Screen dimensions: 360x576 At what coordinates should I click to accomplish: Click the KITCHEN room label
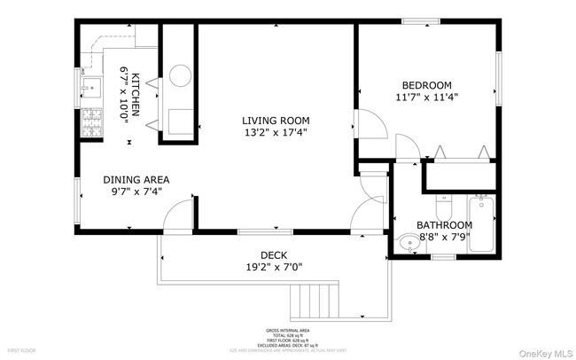tap(136, 95)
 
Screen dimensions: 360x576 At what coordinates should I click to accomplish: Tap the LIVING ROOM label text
tap(277, 120)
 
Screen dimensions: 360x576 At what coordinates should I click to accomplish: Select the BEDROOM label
tap(427, 85)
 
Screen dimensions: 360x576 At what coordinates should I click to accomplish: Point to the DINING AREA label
tap(136, 179)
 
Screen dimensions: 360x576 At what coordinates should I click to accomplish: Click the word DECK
tap(273, 254)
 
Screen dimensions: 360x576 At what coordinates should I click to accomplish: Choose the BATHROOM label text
tap(444, 225)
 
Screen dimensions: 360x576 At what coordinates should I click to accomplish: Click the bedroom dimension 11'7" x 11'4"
tap(427, 98)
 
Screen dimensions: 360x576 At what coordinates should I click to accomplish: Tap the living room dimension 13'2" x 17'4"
tap(277, 133)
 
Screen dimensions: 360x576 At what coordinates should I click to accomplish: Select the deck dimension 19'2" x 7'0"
tap(273, 267)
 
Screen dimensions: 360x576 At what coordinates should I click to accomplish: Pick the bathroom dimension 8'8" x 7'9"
tap(444, 238)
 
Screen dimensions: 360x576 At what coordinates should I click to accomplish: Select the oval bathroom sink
tap(408, 242)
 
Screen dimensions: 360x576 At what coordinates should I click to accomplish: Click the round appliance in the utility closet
tap(178, 76)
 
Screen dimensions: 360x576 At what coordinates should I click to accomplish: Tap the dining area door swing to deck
tap(180, 215)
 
